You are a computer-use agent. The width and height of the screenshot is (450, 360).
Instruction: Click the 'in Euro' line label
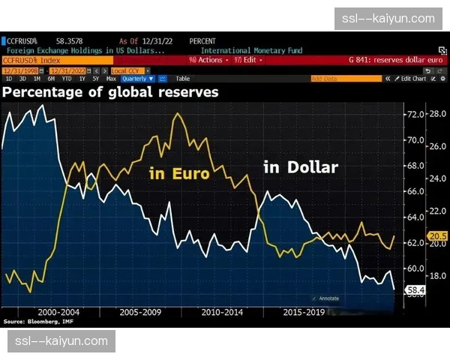coord(179,174)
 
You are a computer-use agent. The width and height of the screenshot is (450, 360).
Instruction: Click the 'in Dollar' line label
coord(301,167)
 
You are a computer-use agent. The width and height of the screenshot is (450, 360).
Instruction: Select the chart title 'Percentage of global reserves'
coord(110,92)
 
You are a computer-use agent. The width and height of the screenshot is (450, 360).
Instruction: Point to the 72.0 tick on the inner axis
coord(415,114)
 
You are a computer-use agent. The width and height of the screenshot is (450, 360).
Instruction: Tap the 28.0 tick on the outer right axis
coord(438,114)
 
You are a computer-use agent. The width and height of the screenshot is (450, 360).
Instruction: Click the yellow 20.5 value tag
coord(437,236)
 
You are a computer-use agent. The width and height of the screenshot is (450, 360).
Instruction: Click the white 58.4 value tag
coord(415,289)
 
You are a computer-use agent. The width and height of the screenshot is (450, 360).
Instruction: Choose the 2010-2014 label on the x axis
coord(222,310)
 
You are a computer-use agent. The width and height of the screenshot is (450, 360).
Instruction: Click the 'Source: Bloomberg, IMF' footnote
coord(34,321)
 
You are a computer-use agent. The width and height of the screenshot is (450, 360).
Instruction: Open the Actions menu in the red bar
coord(206,59)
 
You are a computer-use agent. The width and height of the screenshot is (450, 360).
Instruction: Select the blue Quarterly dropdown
coord(137,78)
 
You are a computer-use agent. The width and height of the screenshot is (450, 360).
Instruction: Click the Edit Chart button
coord(413,78)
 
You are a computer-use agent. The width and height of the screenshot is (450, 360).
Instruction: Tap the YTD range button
coord(67,78)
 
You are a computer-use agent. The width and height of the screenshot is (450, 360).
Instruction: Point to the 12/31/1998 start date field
coord(22,69)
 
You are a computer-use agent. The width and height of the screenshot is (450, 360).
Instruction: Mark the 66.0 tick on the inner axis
coord(415,191)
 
